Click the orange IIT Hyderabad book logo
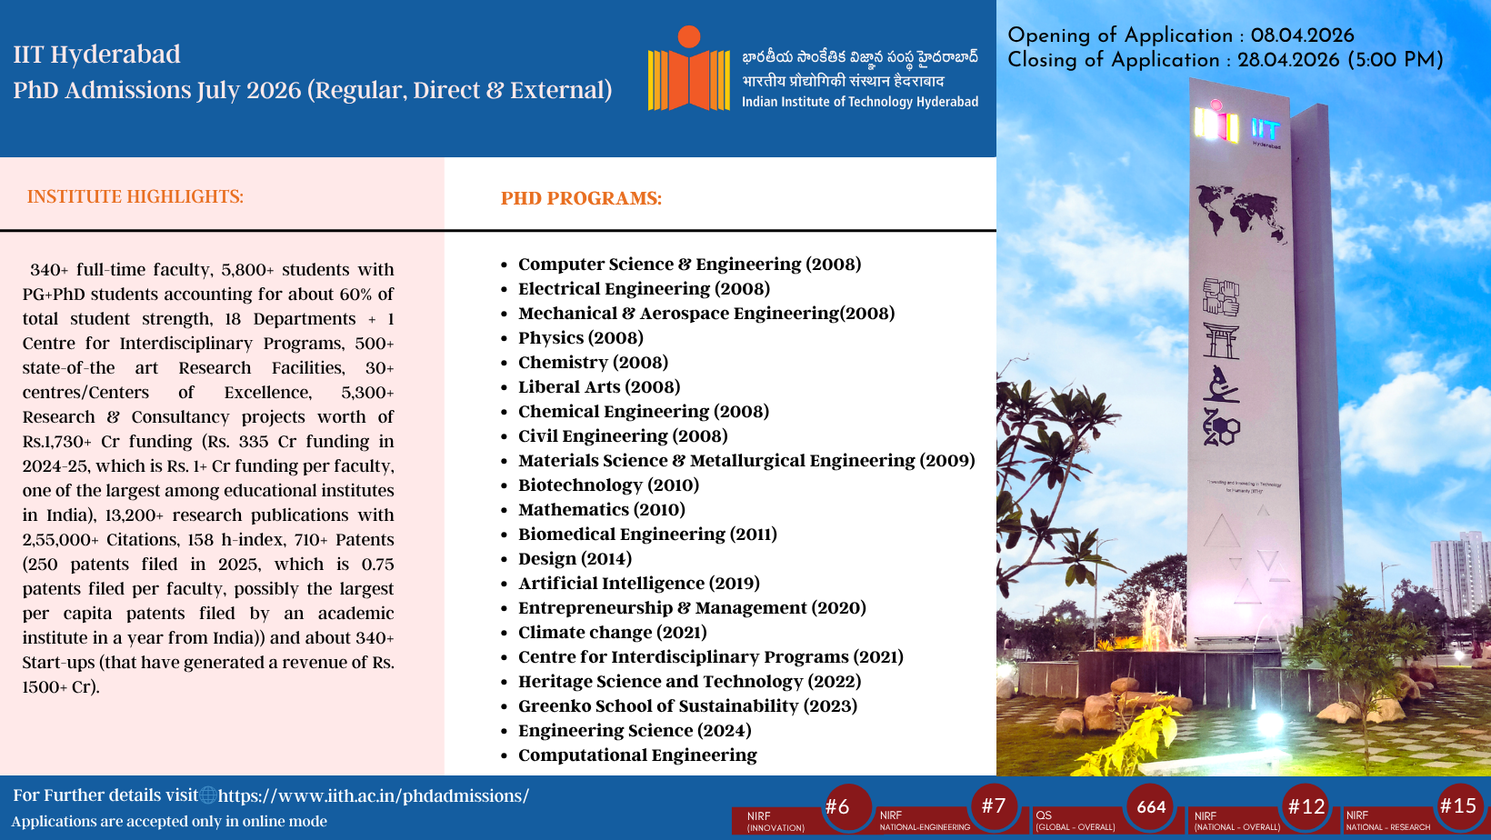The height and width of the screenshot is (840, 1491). click(x=688, y=68)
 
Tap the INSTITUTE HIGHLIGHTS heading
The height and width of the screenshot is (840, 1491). click(x=135, y=197)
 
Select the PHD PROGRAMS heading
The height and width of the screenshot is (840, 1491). click(x=581, y=198)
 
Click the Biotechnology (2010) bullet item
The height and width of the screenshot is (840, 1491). click(x=608, y=485)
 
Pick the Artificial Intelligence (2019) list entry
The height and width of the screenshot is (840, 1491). click(x=639, y=583)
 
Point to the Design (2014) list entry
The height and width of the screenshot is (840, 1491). click(x=575, y=558)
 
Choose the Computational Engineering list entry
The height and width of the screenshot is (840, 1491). click(x=637, y=755)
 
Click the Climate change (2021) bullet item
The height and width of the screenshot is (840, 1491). click(x=613, y=633)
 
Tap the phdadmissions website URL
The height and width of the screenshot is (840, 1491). click(x=374, y=796)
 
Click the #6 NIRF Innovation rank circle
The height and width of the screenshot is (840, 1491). click(x=847, y=807)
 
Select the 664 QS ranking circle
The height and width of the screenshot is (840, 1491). click(x=1150, y=807)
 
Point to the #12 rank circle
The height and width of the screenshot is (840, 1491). click(x=1306, y=807)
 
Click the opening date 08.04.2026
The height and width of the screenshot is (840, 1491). click(x=1302, y=36)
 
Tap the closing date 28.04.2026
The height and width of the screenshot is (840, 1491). click(x=1288, y=61)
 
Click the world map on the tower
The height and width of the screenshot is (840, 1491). click(x=1241, y=213)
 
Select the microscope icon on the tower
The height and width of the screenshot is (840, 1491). click(x=1221, y=384)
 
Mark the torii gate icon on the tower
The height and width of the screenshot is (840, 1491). click(x=1221, y=342)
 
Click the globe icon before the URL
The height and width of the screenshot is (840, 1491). click(x=208, y=795)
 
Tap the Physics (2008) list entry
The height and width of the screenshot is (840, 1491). click(x=580, y=338)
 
